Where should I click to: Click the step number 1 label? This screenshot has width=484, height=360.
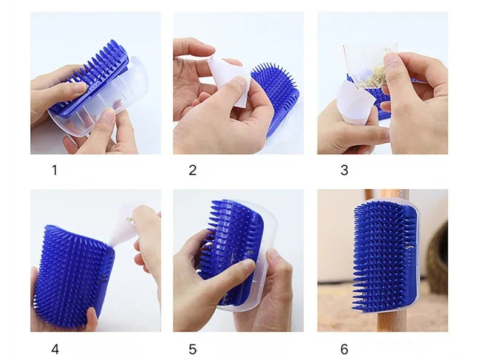coord(54,170)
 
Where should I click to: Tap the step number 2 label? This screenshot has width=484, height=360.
coord(192,170)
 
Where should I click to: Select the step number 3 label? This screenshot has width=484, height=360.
coord(344,170)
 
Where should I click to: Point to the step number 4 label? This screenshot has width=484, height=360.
coord(55,349)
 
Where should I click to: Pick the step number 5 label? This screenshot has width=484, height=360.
coord(192,349)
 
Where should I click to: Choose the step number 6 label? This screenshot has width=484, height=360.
coord(344,349)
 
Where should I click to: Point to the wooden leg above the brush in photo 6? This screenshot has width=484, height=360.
coord(394,194)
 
